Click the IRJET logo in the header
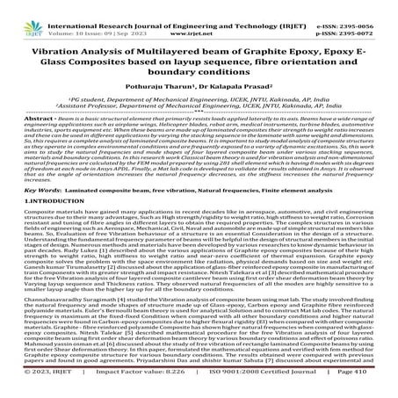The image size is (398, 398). coord(25,17)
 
